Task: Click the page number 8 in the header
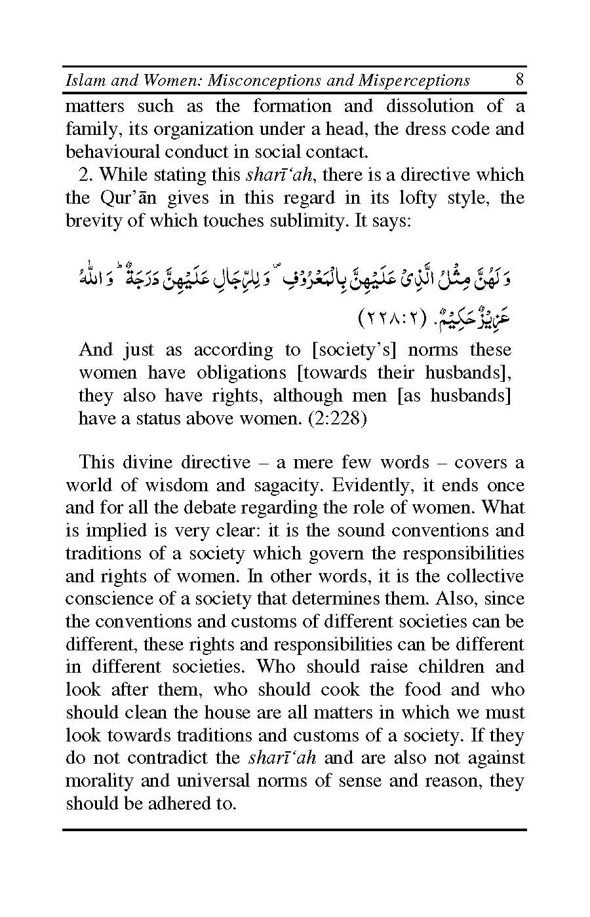(x=519, y=80)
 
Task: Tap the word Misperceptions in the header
(x=414, y=81)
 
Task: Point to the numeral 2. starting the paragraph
(x=87, y=175)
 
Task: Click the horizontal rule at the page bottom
(x=295, y=831)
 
